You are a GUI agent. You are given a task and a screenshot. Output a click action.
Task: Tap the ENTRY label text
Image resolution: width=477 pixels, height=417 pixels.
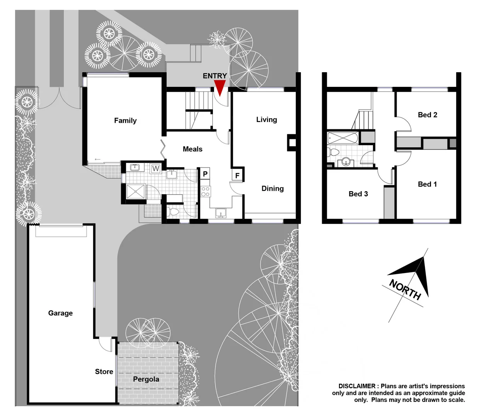tap(215, 76)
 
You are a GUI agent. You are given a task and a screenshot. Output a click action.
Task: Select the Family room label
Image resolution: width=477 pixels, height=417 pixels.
tap(125, 120)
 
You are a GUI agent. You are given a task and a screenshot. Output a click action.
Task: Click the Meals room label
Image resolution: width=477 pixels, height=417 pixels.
tap(192, 149)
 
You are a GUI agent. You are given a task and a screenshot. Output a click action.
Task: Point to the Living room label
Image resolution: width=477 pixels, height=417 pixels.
tap(267, 120)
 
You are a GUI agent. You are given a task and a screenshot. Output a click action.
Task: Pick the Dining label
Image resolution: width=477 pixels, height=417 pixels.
tap(272, 188)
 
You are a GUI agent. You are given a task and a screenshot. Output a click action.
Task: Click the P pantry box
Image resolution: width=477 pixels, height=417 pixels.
tap(205, 174)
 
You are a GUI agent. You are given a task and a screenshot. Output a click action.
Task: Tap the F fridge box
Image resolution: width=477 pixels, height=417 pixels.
tap(237, 175)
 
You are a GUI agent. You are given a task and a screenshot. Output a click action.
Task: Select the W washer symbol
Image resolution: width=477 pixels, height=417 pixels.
tap(156, 169)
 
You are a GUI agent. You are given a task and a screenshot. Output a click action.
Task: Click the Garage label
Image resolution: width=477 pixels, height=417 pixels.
tap(60, 313)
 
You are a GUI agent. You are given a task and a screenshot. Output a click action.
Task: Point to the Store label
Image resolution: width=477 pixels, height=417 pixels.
tap(104, 371)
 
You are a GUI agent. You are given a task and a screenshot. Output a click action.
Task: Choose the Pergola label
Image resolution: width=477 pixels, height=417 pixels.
tap(146, 379)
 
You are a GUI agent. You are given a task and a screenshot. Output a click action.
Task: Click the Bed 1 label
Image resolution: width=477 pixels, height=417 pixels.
tap(427, 184)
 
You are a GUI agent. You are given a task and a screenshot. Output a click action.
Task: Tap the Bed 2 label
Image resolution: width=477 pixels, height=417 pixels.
tap(427, 115)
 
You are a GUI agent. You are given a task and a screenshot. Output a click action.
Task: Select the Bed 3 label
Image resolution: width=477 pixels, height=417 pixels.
tap(358, 194)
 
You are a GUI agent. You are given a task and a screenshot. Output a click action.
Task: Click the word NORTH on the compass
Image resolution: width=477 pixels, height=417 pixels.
tap(405, 290)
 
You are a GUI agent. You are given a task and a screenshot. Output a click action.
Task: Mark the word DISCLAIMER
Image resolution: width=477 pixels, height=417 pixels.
tap(356, 386)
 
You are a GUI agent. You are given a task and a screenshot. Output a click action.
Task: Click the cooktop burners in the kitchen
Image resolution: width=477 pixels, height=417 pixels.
tap(205, 192)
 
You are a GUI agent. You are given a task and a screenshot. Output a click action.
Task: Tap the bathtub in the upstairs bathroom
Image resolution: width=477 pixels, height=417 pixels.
tap(343, 138)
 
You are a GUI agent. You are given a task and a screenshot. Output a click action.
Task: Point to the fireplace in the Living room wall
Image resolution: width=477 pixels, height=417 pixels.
tap(292, 143)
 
